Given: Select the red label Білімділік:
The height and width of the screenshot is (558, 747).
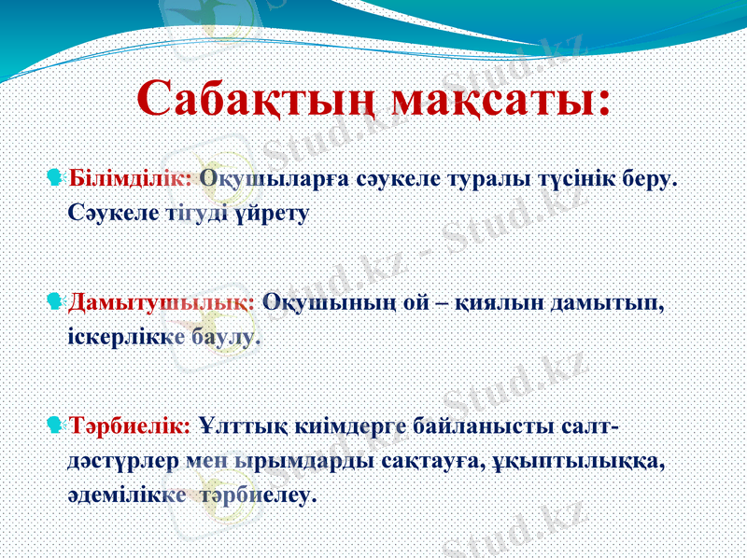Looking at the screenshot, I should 131,177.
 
